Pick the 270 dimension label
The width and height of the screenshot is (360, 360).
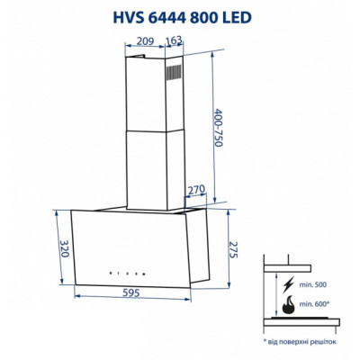(197, 191)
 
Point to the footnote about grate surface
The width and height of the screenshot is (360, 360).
(300, 342)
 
